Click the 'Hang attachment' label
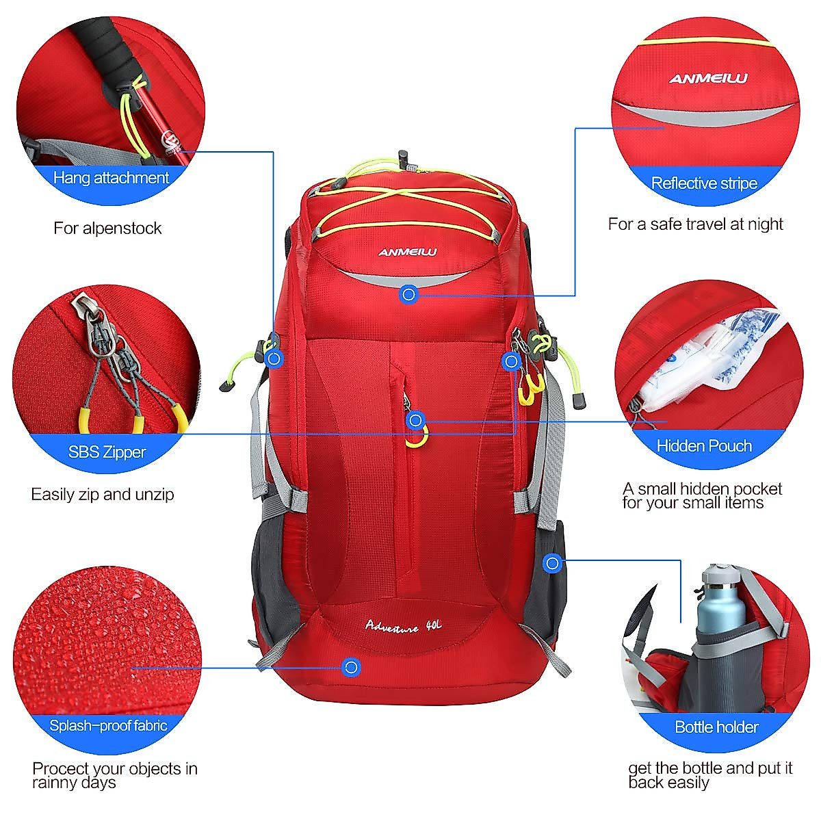point(111,178)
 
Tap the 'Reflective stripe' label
point(704,183)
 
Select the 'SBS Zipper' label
point(107,452)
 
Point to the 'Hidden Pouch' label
point(704,445)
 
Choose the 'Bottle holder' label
point(716,727)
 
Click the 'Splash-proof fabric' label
point(108,725)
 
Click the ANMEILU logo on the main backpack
point(408,252)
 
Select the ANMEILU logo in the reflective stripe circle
point(708,79)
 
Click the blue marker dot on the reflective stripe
point(408,294)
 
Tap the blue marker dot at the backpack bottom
point(351,667)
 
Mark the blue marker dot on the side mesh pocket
point(553,563)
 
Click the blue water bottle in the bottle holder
point(722,605)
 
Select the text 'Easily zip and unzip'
point(103,494)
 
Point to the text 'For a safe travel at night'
point(695,224)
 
